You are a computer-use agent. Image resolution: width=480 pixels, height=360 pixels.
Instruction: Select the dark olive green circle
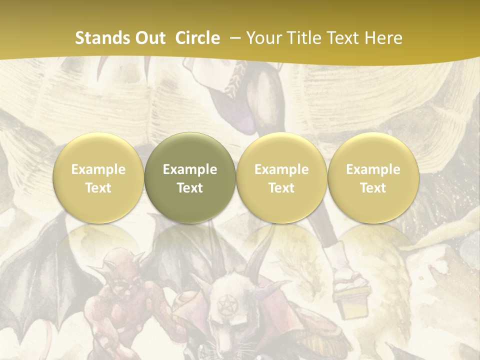[190, 178]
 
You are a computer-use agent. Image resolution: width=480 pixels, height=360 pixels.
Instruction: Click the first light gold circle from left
[98, 178]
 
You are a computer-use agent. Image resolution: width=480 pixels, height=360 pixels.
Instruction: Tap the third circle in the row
[281, 178]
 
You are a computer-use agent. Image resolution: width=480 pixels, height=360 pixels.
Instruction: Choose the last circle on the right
[373, 178]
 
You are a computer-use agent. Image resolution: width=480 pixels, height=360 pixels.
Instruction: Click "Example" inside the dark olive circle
[190, 169]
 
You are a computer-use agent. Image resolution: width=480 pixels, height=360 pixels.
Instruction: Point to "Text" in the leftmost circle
[98, 188]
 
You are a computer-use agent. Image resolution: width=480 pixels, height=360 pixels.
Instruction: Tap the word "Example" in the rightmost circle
[373, 169]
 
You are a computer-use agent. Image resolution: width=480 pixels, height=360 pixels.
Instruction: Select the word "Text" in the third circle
[281, 188]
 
